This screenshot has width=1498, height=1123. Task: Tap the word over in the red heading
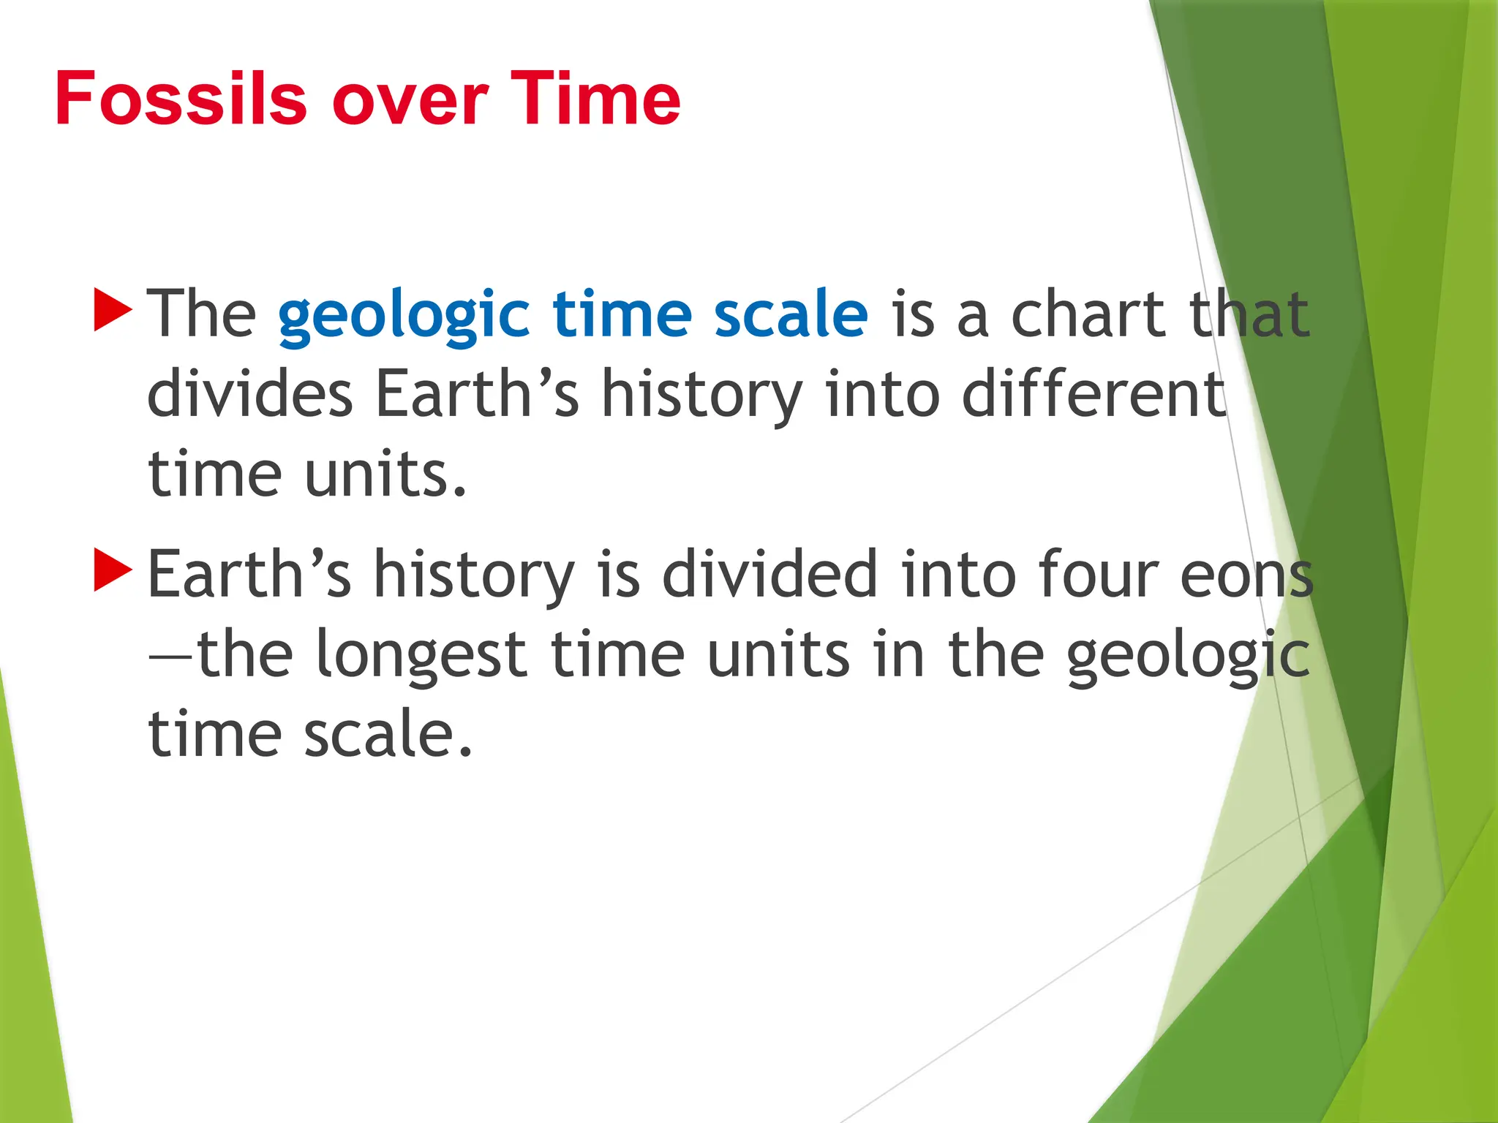[410, 100]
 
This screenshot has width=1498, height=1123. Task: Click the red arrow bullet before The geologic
[113, 309]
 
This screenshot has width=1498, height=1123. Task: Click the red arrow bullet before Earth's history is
[113, 570]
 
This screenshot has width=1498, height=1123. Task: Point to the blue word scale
[791, 314]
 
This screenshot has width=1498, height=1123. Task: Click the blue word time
[622, 314]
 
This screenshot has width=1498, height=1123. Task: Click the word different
[1094, 394]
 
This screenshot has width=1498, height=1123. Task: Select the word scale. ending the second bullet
[388, 734]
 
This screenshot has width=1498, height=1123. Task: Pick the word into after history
[882, 394]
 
